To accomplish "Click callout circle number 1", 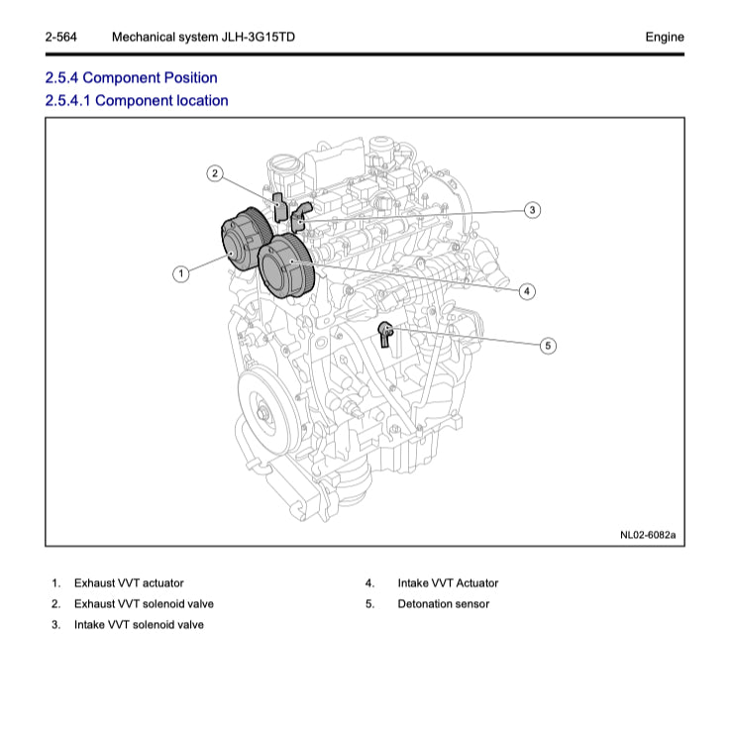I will (180, 273).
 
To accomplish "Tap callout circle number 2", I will (214, 174).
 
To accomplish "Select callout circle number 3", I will (532, 209).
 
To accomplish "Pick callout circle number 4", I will (527, 291).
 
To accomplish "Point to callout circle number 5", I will (548, 346).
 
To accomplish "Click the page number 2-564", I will (61, 37).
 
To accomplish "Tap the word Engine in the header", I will (664, 37).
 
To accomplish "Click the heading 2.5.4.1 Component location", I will (137, 100).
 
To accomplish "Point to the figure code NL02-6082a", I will (648, 535).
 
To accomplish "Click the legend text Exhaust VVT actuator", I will (129, 583).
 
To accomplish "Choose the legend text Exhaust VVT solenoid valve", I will (144, 604).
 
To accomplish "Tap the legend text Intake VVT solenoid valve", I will (139, 625).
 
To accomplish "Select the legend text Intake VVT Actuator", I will (448, 583).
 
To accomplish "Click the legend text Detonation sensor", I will (443, 604).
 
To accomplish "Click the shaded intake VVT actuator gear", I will (286, 264).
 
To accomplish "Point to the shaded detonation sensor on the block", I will (386, 332).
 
